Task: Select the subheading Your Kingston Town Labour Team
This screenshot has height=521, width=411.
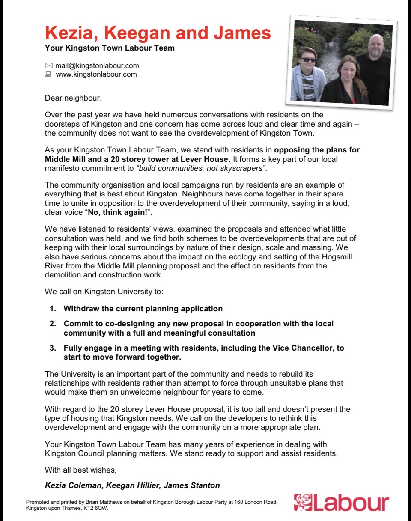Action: (x=110, y=48)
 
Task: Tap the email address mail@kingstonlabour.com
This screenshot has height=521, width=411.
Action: (x=97, y=65)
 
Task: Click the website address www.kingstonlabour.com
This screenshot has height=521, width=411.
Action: (x=96, y=74)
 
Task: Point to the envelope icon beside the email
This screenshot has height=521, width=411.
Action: (x=48, y=65)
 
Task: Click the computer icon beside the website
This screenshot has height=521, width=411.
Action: (x=48, y=74)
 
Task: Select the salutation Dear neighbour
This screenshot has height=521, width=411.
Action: (x=73, y=98)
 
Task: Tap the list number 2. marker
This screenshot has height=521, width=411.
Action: (x=52, y=324)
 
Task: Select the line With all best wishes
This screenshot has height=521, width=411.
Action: (x=80, y=470)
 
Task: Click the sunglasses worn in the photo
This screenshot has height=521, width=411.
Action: (x=307, y=59)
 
